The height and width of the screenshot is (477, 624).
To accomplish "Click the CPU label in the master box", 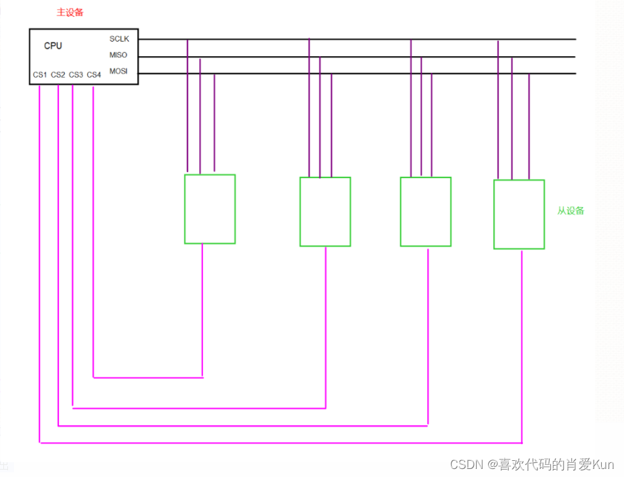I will click(53, 46).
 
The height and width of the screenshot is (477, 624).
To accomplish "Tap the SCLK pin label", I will click(119, 39).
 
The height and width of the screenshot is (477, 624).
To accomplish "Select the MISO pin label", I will click(119, 55).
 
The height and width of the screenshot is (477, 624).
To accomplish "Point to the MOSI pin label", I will click(119, 71).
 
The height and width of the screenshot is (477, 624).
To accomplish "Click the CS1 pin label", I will click(40, 75).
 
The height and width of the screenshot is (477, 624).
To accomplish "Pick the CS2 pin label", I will click(58, 75).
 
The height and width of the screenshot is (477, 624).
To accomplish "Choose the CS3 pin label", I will click(76, 75).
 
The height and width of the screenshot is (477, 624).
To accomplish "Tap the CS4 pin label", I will click(94, 75).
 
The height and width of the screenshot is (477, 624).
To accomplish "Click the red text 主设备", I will click(70, 13).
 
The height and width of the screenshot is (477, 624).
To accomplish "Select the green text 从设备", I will click(570, 210).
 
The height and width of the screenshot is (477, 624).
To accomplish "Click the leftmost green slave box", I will click(210, 209).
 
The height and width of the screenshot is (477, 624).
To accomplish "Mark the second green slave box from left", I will click(325, 212).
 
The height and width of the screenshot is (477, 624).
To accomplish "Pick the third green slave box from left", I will click(426, 212).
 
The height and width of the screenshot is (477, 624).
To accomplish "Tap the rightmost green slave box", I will click(519, 214).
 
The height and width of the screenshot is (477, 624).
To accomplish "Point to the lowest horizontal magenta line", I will click(281, 443).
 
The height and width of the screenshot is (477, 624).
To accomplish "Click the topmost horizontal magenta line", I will click(147, 378).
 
